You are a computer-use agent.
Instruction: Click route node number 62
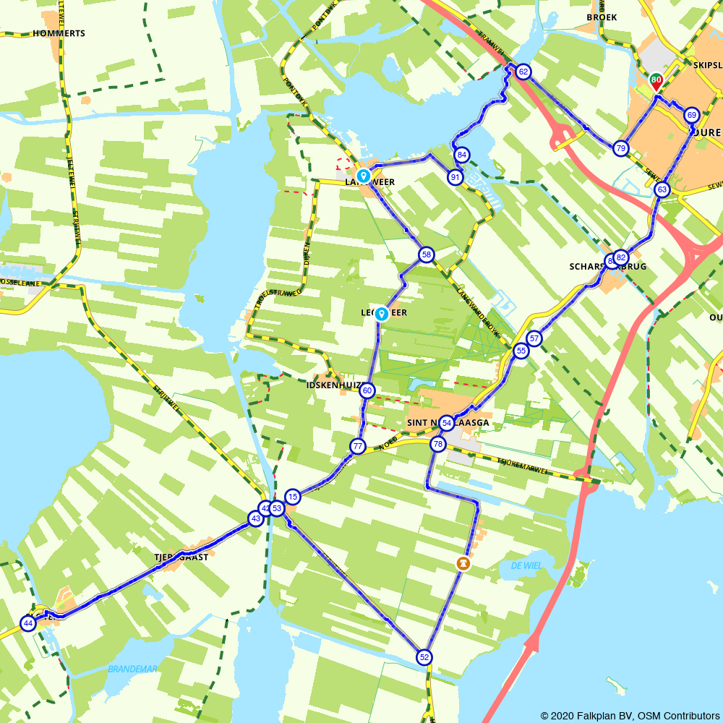pyautogui.click(x=523, y=72)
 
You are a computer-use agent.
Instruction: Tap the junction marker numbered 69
pyautogui.click(x=691, y=115)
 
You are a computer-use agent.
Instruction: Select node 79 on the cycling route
pyautogui.click(x=620, y=148)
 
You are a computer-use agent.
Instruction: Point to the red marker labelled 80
pyautogui.click(x=656, y=82)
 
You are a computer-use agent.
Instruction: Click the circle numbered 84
pyautogui.click(x=461, y=155)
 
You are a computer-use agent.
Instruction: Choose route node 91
pyautogui.click(x=455, y=177)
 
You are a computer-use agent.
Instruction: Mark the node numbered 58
pyautogui.click(x=426, y=254)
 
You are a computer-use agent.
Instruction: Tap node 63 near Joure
pyautogui.click(x=662, y=189)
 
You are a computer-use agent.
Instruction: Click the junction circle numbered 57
pyautogui.click(x=534, y=338)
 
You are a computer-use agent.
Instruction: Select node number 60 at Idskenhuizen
pyautogui.click(x=367, y=390)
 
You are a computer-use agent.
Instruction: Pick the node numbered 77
pyautogui.click(x=357, y=446)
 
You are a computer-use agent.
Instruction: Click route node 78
pyautogui.click(x=437, y=443)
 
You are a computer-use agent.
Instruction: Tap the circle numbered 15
pyautogui.click(x=292, y=497)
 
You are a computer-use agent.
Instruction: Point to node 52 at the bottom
pyautogui.click(x=424, y=656)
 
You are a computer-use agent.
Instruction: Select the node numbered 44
pyautogui.click(x=27, y=623)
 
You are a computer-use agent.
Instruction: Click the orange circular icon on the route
pyautogui.click(x=463, y=562)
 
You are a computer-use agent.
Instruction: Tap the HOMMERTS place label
pyautogui.click(x=59, y=33)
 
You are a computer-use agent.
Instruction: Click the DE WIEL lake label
pyautogui.click(x=526, y=565)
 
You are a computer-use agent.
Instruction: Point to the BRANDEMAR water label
pyautogui.click(x=132, y=669)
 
